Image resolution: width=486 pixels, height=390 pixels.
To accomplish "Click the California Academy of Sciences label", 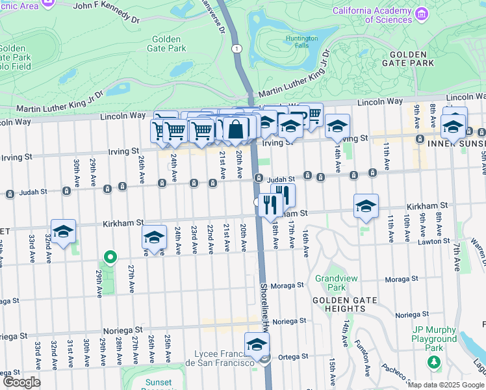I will click(372, 15).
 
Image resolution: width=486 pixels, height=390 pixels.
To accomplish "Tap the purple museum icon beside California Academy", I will click(422, 14).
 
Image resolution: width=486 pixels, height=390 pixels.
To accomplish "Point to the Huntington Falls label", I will click(301, 42).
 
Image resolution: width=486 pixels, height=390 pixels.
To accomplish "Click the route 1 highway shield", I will click(238, 49).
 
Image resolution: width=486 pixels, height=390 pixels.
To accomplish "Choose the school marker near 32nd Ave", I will click(63, 231).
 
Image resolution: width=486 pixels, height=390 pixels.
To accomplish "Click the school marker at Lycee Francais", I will click(257, 344).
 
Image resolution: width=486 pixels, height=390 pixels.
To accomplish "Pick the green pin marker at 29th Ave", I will click(110, 258).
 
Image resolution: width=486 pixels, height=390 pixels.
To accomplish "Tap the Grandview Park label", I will click(330, 283).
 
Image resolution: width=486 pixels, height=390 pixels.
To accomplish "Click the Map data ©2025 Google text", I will click(446, 385).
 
